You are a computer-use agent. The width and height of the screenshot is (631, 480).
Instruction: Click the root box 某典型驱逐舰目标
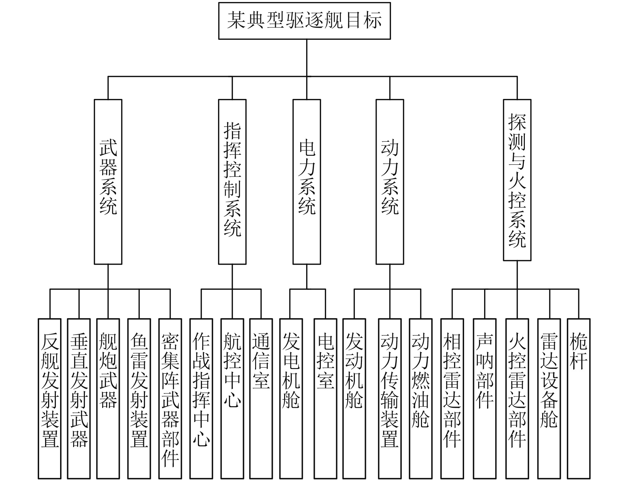304,21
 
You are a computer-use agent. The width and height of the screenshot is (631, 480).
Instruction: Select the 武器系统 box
108,182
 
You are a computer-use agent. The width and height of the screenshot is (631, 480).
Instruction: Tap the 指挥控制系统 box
232,182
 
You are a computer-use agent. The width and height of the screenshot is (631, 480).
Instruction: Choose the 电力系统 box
306,182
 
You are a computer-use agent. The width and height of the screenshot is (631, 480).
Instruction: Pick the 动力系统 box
390,182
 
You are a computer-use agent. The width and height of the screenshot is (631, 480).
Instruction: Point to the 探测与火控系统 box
517,180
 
